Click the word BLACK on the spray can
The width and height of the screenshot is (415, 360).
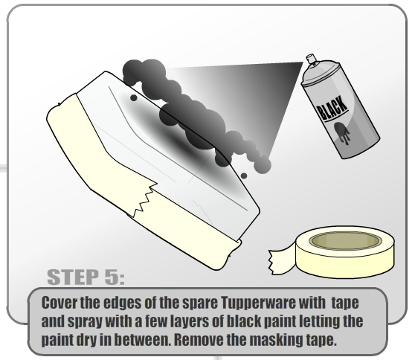(x=332, y=108)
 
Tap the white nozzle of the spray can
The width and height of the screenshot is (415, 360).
(x=311, y=59)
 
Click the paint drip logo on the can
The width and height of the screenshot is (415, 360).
(x=342, y=133)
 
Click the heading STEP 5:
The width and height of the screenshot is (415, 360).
(x=86, y=277)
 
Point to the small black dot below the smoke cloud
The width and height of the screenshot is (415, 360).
(x=244, y=176)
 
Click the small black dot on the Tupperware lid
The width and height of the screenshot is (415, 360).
(x=134, y=97)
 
